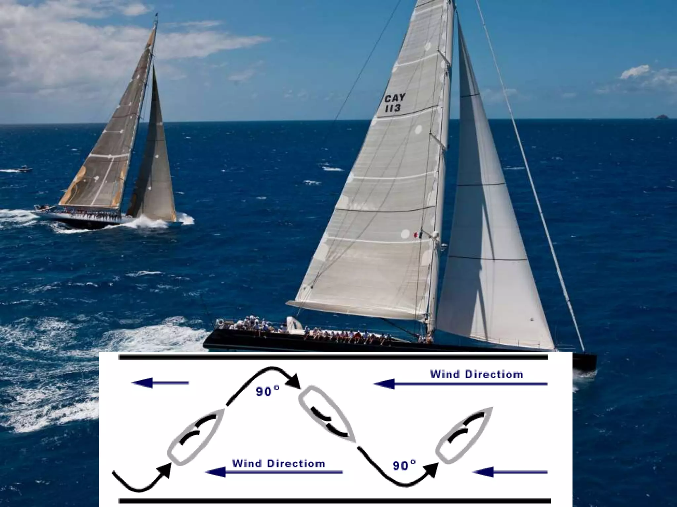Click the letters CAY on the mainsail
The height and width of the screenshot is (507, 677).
point(395,98)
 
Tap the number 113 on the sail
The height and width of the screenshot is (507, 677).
point(393,108)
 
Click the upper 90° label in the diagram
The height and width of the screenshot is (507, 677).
point(267,391)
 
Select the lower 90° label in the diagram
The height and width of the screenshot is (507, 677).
point(404,465)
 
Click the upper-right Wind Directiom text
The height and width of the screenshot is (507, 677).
point(476,374)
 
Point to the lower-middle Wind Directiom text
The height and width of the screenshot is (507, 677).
point(278,463)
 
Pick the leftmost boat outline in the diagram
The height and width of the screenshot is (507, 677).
point(196,436)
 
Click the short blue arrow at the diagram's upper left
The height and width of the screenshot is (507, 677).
point(160,383)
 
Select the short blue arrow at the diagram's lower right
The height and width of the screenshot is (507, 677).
point(510,472)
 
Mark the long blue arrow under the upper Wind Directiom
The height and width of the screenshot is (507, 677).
point(460,384)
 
